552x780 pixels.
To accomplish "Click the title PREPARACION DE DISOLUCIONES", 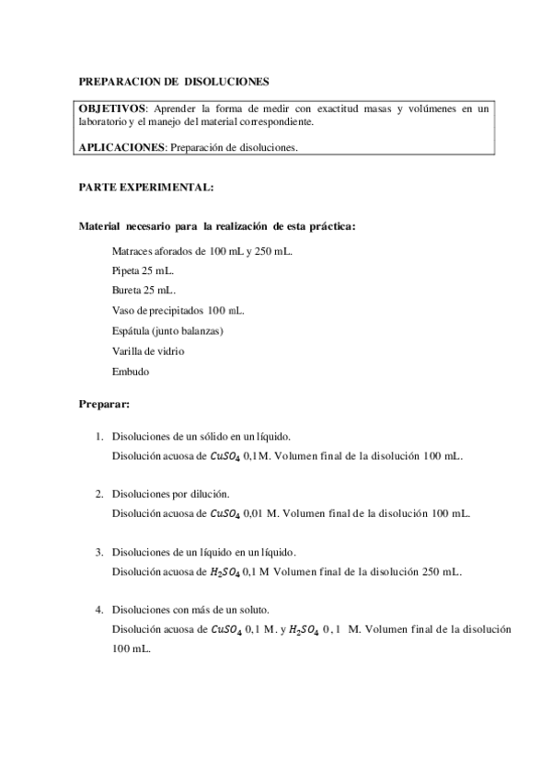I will pyautogui.click(x=174, y=82).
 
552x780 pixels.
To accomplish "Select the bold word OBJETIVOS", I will pyautogui.click(x=113, y=109).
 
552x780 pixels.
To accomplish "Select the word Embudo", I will pyautogui.click(x=130, y=371).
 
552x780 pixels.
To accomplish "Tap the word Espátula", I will pyautogui.click(x=132, y=330).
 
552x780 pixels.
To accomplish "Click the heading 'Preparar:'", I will pyautogui.click(x=105, y=404).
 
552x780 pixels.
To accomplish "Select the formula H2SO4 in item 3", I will pyautogui.click(x=225, y=571).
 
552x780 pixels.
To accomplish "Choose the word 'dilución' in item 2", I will pyautogui.click(x=210, y=494).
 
